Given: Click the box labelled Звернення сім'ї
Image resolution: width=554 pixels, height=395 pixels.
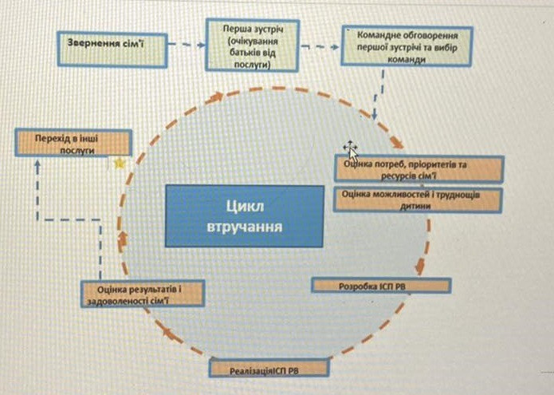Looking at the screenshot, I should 111,45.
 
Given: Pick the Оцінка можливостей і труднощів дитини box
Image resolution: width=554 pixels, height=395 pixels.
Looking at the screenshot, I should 417,199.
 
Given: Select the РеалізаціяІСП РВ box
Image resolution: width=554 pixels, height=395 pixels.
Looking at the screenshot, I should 269,368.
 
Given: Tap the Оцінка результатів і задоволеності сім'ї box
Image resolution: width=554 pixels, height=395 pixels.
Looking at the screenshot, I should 142,294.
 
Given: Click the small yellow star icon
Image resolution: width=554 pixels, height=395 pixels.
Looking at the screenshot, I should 119,164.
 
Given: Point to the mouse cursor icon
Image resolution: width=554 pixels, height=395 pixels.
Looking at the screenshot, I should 350,149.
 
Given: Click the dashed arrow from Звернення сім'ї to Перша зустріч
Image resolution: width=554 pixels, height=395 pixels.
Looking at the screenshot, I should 189,45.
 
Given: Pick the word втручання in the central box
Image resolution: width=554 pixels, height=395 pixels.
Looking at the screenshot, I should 245,226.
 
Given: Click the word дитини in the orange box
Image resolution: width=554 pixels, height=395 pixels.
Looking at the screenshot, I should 416,205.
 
